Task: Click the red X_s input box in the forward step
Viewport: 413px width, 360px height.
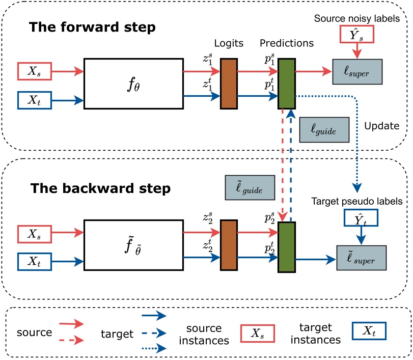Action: (x=36, y=72)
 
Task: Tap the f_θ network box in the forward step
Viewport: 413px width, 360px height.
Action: (x=133, y=84)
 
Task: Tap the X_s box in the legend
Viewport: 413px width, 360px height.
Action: (x=256, y=333)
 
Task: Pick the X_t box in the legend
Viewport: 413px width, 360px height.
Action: (x=368, y=333)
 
